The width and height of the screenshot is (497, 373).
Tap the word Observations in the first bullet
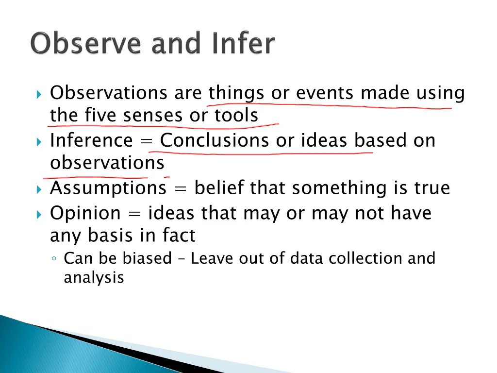click(109, 93)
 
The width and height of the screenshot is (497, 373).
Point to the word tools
click(236, 116)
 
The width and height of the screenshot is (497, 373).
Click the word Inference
click(91, 140)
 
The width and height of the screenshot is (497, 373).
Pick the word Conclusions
click(214, 140)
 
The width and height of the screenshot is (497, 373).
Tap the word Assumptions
click(108, 188)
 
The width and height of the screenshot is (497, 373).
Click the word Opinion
click(85, 213)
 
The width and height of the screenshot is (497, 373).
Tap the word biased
click(147, 258)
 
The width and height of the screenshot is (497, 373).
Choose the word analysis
click(94, 278)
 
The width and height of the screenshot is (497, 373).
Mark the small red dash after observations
click(166, 177)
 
